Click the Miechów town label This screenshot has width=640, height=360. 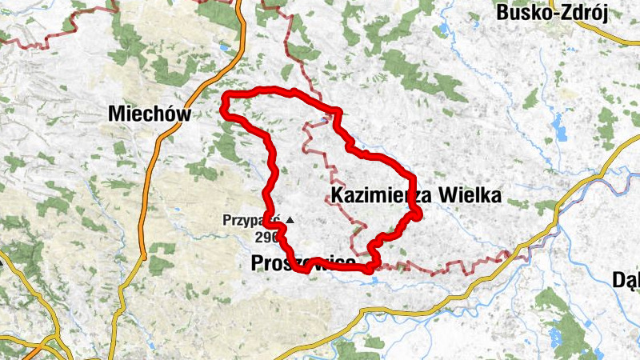click(x=150, y=114)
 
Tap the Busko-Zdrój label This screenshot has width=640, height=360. click(x=553, y=12)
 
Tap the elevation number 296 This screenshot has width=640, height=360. click(x=266, y=237)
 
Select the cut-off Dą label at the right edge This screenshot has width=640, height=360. click(x=625, y=279)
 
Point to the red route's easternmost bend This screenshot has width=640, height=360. click(x=417, y=212)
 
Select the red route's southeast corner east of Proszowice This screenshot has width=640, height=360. click(x=369, y=269)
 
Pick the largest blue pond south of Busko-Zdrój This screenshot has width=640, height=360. click(x=557, y=124)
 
